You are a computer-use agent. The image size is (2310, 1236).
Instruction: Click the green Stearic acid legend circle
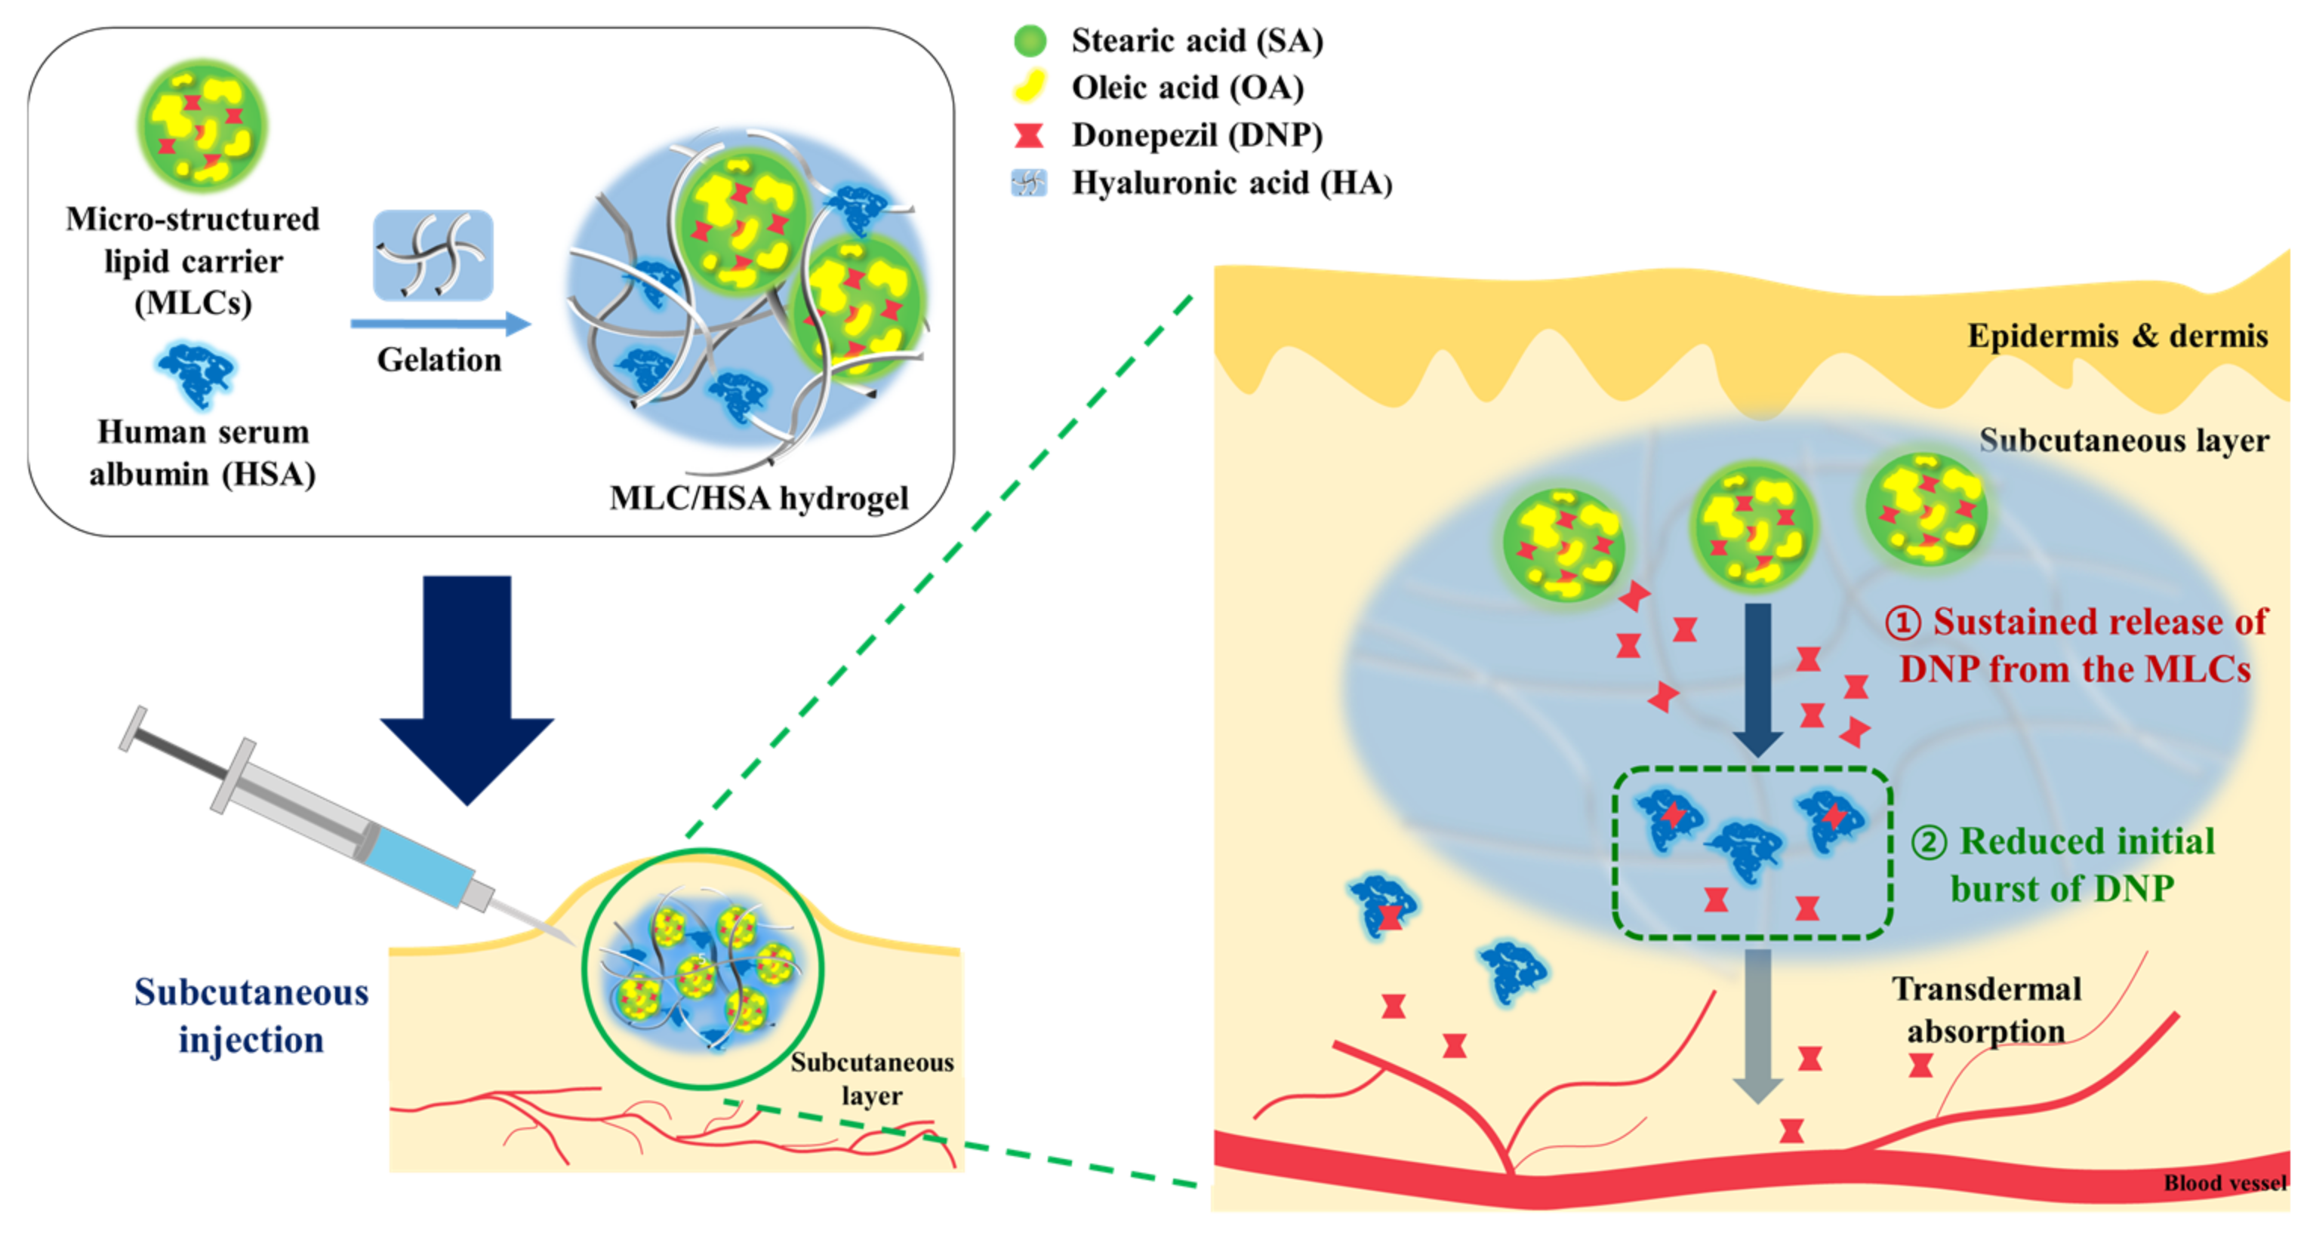pos(1030,40)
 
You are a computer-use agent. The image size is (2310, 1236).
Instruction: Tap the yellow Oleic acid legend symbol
pos(1030,87)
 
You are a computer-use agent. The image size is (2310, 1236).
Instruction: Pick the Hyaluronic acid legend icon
pos(1029,183)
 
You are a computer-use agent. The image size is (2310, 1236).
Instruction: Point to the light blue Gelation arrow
pos(440,324)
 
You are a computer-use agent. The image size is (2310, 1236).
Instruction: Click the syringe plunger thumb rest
pos(133,728)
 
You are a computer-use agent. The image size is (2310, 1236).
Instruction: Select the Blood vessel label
pos(2225,1183)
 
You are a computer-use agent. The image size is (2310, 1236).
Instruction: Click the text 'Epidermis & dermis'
pos(2116,336)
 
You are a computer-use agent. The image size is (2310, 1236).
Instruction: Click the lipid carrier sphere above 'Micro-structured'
pos(202,125)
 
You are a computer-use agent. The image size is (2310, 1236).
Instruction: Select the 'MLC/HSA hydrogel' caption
pos(759,498)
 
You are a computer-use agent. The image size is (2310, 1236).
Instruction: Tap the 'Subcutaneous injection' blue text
pos(251,1016)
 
